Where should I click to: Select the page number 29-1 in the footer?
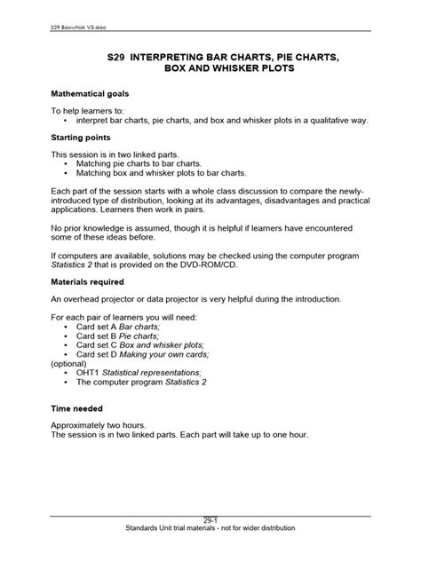tap(210, 519)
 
